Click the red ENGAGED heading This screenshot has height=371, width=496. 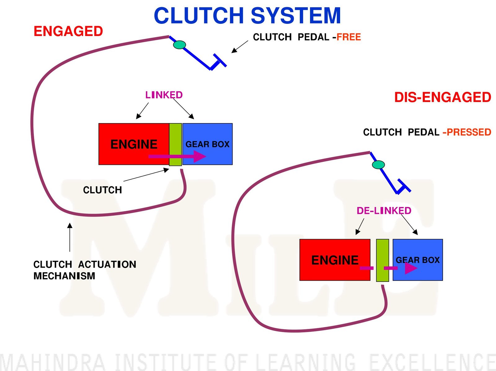68,31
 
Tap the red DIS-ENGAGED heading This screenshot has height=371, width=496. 442,97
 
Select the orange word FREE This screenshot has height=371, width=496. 349,37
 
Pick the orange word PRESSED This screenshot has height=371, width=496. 469,132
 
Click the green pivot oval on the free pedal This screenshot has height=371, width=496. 179,45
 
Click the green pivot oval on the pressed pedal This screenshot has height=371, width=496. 378,165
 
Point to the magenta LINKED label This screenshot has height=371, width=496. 164,95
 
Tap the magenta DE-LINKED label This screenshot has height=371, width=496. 384,211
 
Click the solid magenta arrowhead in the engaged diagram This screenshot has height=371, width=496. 199,156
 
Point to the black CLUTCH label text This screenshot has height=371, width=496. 102,190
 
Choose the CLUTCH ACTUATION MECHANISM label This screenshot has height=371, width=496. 84,270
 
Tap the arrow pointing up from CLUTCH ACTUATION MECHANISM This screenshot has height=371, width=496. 70,237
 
